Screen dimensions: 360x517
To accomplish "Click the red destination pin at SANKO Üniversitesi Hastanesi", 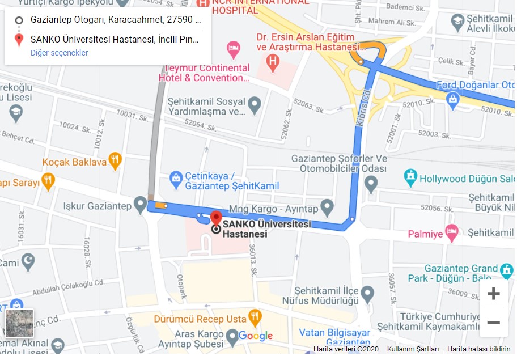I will (216, 218).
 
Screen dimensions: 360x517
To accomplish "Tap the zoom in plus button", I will (493, 294).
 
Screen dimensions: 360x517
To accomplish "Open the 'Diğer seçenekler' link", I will (59, 53).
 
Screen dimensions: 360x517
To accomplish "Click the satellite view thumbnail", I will (19, 323).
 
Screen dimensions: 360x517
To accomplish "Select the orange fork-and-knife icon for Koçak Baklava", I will (115, 161).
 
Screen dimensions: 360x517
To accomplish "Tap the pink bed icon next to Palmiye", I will (451, 232).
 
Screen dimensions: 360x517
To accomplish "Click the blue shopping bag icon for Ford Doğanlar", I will (452, 101).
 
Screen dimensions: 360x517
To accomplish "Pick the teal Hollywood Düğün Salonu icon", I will (410, 177).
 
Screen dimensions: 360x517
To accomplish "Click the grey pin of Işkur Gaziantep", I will (140, 204).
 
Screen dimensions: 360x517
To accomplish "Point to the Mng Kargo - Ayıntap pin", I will (327, 206).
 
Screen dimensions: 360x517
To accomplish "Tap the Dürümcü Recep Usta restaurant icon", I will (255, 318).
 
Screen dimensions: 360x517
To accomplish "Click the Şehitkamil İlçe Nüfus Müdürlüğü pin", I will (367, 294).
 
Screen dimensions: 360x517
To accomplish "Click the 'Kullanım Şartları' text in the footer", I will (413, 349).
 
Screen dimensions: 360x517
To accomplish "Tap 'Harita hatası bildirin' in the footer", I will (478, 349).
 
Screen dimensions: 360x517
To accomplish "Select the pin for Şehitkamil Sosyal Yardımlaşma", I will (255, 105).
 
